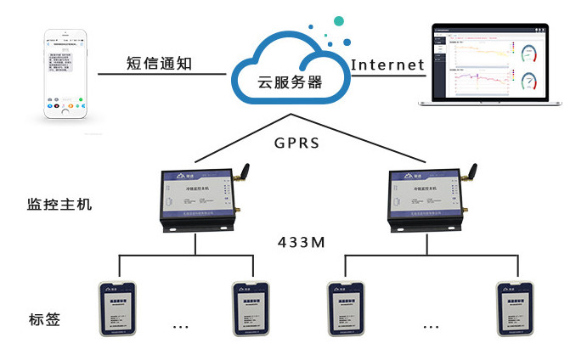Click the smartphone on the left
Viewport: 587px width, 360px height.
(66, 78)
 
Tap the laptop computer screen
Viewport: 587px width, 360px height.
(489, 65)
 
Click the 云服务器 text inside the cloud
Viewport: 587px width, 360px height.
(291, 82)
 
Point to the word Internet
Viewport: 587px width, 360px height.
(387, 65)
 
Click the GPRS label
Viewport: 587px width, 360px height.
(297, 143)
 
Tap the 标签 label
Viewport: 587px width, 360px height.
(43, 320)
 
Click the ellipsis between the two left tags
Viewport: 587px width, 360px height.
(181, 326)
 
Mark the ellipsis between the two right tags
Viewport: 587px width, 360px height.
(432, 326)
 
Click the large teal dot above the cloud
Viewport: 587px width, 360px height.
(339, 19)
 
